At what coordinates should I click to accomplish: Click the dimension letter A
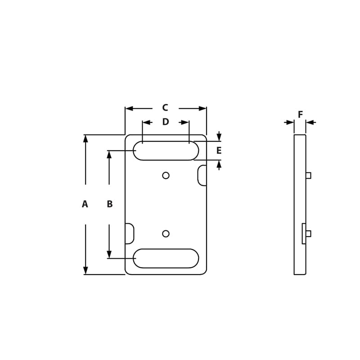tap(85, 204)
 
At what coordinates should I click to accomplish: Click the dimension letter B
tap(109, 204)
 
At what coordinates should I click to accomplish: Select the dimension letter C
tap(165, 108)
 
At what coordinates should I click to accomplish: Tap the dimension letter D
tap(165, 122)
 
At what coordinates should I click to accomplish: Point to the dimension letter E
tap(219, 151)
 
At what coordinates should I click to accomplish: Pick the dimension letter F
tap(300, 115)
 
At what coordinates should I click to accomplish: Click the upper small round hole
tap(166, 175)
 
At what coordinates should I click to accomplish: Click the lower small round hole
tap(166, 234)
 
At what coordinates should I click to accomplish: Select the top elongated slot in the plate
tap(166, 151)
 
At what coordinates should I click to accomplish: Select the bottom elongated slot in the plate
tap(166, 258)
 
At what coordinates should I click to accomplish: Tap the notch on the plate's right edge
tap(202, 175)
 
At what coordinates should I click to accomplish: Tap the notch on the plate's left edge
tap(129, 234)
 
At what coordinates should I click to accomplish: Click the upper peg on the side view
tap(308, 175)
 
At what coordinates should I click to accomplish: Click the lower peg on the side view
tap(308, 234)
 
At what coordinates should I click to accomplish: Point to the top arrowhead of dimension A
tap(85, 139)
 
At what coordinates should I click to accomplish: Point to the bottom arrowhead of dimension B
tap(109, 255)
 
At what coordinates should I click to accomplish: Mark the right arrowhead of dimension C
tap(202, 108)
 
